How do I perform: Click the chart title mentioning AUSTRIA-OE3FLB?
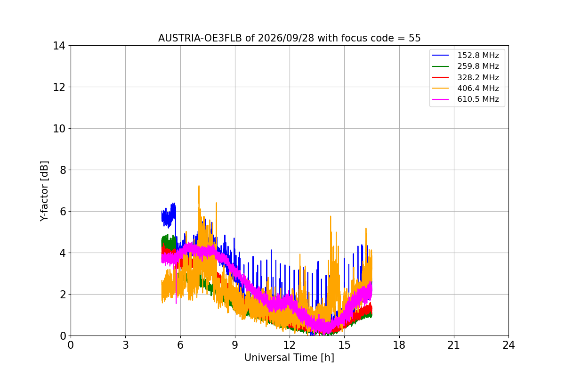click(289, 38)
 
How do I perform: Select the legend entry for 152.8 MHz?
click(478, 55)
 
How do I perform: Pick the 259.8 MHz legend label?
click(478, 66)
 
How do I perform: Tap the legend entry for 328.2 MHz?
click(478, 77)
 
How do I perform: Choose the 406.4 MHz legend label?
click(478, 88)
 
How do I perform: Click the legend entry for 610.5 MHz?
click(478, 99)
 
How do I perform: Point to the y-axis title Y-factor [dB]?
click(44, 191)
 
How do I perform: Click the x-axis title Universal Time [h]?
click(289, 358)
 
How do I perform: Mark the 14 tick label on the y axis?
click(59, 46)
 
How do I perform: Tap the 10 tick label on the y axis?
click(59, 129)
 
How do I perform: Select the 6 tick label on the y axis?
click(63, 212)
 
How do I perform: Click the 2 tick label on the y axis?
click(63, 295)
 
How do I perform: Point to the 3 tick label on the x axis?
click(126, 345)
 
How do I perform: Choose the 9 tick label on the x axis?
click(235, 345)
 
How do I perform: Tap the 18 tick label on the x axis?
click(399, 345)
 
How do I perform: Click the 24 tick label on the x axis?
click(509, 345)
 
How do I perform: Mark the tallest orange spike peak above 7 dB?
click(199, 186)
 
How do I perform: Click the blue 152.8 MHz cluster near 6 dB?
click(169, 215)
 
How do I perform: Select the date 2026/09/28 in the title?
click(286, 38)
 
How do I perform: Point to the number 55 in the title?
click(415, 38)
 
